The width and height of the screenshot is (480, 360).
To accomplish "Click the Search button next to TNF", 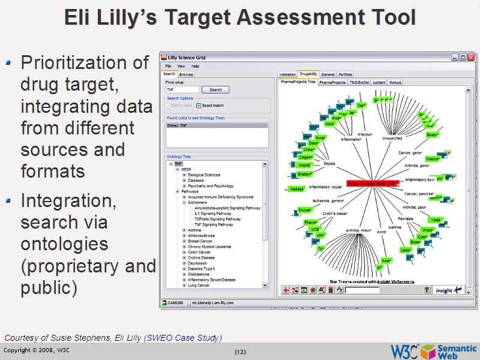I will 215,89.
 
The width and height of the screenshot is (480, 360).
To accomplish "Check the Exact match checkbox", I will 199,106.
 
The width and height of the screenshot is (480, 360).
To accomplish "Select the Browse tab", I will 186,74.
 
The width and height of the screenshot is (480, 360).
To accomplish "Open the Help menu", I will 196,66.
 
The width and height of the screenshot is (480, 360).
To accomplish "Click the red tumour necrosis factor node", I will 373,184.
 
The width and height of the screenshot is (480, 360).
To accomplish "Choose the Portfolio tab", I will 345,74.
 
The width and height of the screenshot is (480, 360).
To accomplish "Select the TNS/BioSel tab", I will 359,82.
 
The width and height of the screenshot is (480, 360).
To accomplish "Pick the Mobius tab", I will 395,82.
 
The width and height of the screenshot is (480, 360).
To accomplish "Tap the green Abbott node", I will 305,165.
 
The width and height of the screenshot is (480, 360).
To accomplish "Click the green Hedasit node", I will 296,189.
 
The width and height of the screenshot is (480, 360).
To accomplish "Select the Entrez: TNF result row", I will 217,126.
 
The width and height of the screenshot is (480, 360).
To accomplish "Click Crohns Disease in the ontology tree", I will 201,258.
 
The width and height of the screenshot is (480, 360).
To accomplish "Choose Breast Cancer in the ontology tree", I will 200,241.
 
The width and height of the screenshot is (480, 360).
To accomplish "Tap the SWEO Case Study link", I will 183,338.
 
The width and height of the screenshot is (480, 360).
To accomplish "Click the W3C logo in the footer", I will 404,350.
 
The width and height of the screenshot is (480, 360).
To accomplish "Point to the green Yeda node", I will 436,220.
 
